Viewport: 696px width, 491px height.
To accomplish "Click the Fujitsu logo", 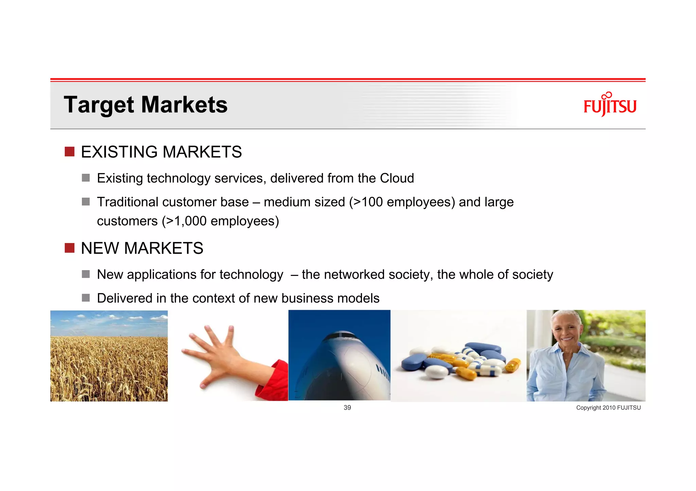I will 610,105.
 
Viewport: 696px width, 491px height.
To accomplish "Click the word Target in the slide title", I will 99,105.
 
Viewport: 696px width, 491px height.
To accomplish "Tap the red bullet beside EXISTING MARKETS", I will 69,152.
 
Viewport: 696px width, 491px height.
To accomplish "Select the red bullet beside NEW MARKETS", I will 69,248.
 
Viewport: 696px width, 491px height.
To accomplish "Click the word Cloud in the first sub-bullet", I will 397,178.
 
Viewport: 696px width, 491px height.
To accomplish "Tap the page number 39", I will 347,408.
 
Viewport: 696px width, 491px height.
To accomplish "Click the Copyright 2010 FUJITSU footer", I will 608,408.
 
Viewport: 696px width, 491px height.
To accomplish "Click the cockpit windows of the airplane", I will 340,336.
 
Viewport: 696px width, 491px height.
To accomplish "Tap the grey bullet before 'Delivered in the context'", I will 86,298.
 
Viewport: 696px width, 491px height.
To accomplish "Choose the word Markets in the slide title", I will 184,105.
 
